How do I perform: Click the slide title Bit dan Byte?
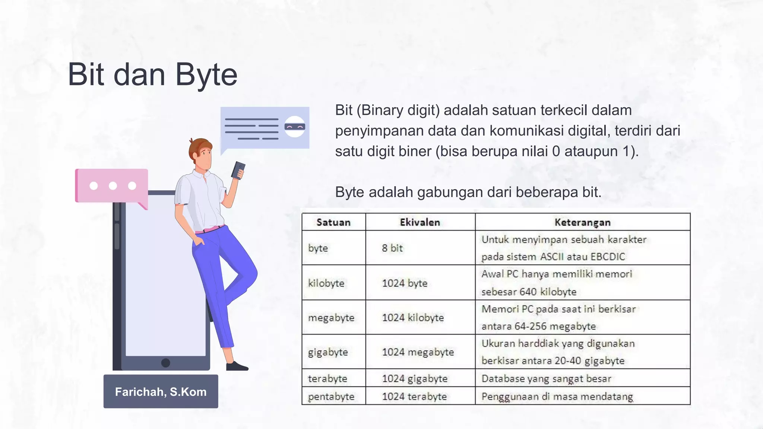coord(152,74)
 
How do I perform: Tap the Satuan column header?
coord(333,222)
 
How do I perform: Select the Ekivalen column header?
coord(420,222)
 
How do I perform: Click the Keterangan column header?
coord(582,222)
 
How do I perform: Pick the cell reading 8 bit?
coord(392,248)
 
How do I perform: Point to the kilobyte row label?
coord(326,283)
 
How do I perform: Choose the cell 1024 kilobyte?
coord(413,318)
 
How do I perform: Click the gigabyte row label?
coord(328,352)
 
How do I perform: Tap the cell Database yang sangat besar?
coord(546,378)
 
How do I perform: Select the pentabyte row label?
coord(331,396)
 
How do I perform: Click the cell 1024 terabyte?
coord(414,396)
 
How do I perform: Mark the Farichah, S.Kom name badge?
coord(161,391)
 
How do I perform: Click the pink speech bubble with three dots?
coord(112,185)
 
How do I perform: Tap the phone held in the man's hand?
coord(238,170)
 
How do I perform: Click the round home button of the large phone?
coord(166,363)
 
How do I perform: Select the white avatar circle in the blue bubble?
coord(295,127)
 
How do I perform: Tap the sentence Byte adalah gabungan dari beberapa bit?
coord(468,192)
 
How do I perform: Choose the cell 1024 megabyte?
coord(418,352)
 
